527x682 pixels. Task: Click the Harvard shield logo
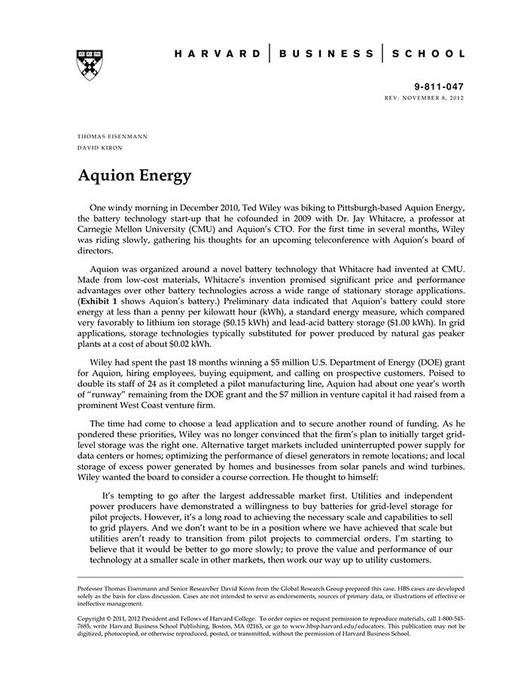click(90, 65)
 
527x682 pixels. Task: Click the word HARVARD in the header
click(218, 54)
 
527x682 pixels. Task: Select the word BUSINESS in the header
click(326, 54)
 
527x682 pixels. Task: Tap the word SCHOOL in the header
click(428, 54)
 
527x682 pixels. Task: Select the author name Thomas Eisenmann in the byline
click(112, 136)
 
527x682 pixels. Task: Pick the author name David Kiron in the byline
click(101, 148)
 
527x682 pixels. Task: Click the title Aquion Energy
click(134, 176)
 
